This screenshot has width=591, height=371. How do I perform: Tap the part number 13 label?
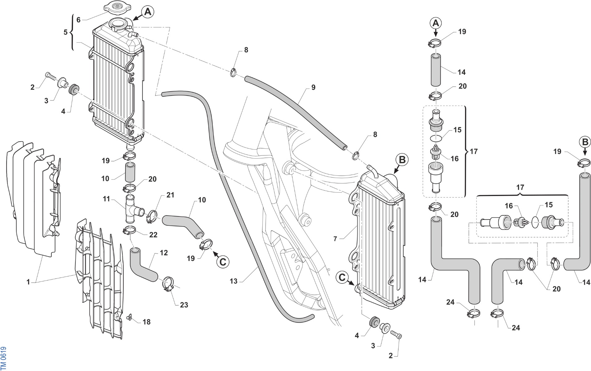tap(234, 281)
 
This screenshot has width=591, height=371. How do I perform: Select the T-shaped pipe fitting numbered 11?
tap(133, 209)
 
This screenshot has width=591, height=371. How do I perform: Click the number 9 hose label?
tap(313, 87)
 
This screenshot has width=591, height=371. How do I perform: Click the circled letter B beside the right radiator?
tap(402, 160)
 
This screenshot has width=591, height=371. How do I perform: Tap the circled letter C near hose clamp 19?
tap(223, 262)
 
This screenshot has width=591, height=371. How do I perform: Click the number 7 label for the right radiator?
tap(335, 239)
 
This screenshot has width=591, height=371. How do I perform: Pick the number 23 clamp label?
tap(184, 305)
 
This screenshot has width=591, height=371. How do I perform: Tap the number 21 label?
tap(170, 195)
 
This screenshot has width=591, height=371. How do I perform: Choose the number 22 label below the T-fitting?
tap(153, 235)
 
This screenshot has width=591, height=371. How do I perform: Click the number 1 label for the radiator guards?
tap(28, 282)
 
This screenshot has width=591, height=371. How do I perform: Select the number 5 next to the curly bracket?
tap(65, 32)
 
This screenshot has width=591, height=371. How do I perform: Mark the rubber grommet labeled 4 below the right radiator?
tap(374, 321)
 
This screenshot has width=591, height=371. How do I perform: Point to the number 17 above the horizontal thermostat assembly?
tap(520, 187)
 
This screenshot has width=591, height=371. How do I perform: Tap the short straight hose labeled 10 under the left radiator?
tap(130, 173)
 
